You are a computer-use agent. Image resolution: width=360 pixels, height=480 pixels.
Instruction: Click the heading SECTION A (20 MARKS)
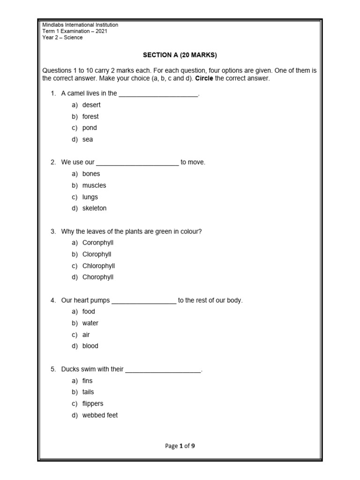point(180,55)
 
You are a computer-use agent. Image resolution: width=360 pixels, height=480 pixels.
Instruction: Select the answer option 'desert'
point(91,105)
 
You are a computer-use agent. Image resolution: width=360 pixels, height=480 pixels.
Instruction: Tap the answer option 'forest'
point(90,116)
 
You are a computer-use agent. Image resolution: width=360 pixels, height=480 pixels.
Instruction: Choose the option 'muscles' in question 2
point(94,185)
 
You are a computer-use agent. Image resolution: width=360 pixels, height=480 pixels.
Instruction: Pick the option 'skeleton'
point(94,208)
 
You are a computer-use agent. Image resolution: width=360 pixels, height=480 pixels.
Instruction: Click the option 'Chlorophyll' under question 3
point(98,266)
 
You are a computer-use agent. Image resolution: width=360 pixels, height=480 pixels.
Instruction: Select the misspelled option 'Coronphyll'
point(98,243)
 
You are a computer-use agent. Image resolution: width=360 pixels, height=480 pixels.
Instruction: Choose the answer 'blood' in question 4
point(90,346)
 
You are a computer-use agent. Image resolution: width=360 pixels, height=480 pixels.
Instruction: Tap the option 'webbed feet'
point(100,415)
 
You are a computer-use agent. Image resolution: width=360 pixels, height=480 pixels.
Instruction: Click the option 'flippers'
point(93,404)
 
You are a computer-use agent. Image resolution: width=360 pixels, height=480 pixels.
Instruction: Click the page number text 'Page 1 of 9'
point(180,446)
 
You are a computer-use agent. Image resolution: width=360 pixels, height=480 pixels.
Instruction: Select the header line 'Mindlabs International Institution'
point(80,25)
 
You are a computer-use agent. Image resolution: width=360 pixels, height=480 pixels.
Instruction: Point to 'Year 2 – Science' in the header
point(62,37)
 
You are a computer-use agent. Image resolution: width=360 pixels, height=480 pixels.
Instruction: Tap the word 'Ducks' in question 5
point(70,369)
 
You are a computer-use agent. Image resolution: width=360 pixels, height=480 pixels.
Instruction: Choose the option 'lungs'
point(90,197)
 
